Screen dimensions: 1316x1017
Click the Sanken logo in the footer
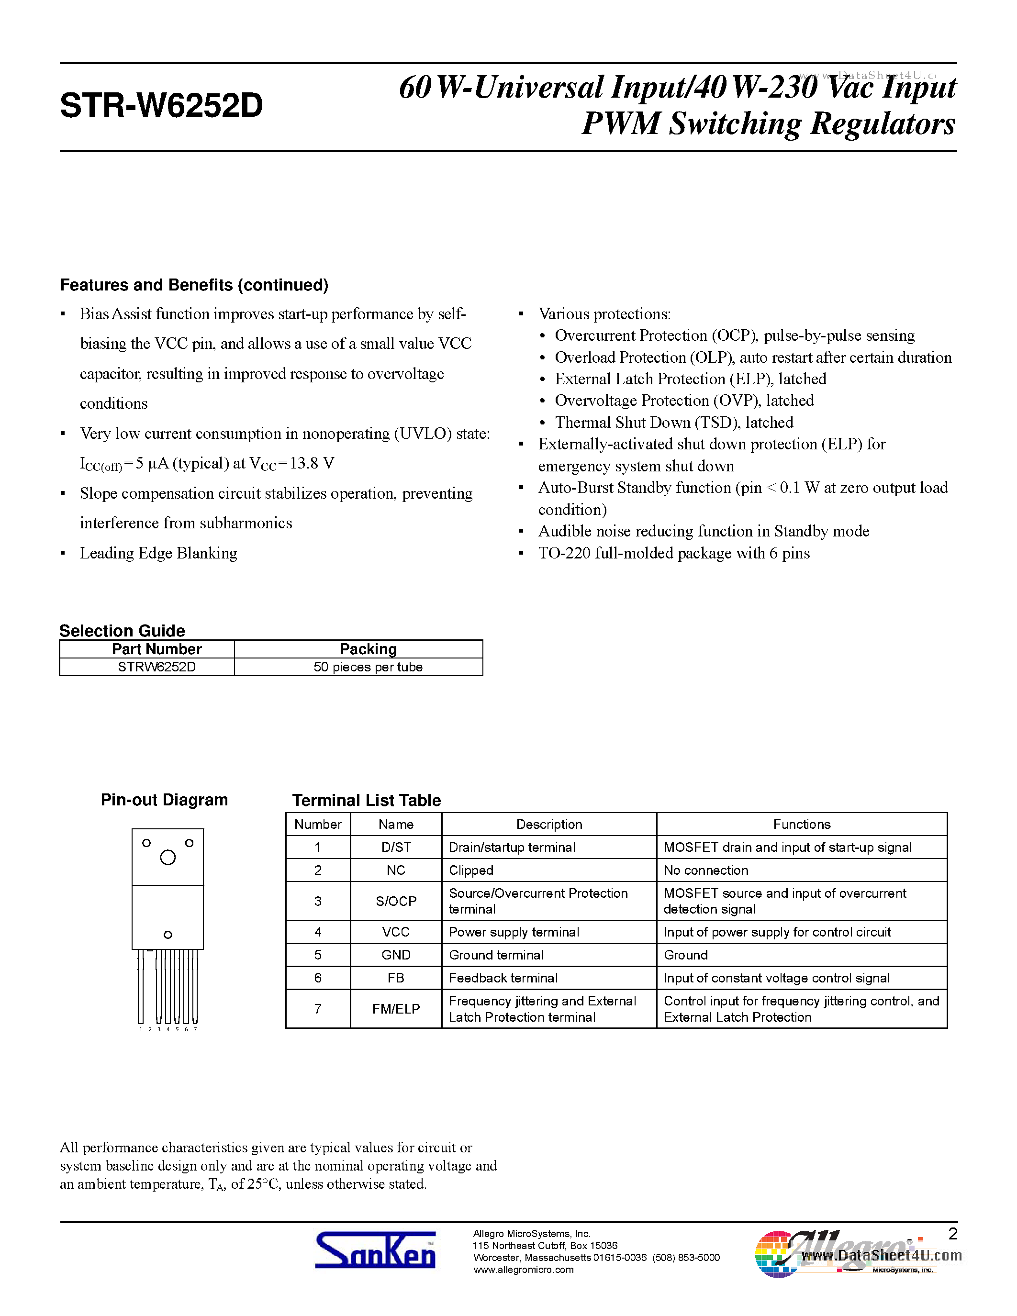point(375,1251)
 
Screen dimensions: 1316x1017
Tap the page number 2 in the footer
point(952,1234)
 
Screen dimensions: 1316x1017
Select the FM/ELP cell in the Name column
point(396,1009)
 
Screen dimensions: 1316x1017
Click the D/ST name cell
point(396,847)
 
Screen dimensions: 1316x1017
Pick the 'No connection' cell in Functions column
point(705,870)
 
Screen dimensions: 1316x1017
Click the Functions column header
point(801,825)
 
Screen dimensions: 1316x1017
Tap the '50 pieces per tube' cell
point(368,667)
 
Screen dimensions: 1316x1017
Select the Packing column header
point(368,649)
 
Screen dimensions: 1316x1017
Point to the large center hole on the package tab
point(168,858)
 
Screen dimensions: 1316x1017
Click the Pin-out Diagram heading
point(164,800)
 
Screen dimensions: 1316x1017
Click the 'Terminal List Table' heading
point(366,800)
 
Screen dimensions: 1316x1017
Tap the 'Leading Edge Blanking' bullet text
point(158,553)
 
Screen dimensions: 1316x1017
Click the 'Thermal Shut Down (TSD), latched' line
point(673,423)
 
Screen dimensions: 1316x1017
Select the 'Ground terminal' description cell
point(496,955)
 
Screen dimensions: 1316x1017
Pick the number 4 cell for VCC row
point(317,932)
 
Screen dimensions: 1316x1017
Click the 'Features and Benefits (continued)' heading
point(194,285)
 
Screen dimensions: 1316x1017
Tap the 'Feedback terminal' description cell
point(503,978)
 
